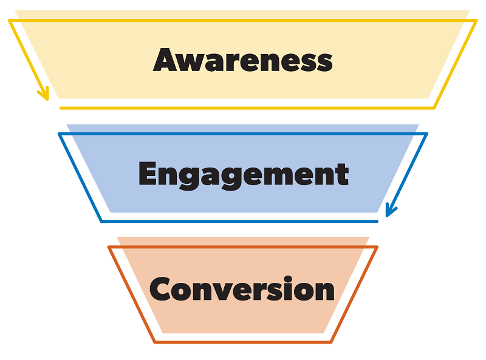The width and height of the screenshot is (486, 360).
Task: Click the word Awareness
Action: click(242, 59)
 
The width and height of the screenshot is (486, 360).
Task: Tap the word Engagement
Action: click(244, 175)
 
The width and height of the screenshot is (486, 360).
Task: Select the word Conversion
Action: click(242, 288)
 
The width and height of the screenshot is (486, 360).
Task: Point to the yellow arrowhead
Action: click(43, 94)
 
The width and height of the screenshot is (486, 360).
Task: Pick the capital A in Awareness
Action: click(166, 59)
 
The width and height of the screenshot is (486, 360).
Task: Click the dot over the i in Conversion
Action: click(288, 278)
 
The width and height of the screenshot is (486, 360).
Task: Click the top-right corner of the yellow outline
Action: click(476, 21)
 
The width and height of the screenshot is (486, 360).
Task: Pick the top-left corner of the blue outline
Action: click(59, 134)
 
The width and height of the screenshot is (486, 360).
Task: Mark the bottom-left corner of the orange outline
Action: click(155, 342)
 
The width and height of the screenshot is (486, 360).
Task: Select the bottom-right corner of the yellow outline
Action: click(434, 108)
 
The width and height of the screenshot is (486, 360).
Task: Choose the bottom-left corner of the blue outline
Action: click(101, 221)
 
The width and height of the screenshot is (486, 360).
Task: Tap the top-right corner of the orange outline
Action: click(377, 247)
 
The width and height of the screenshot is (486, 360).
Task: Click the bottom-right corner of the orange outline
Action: click(331, 342)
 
